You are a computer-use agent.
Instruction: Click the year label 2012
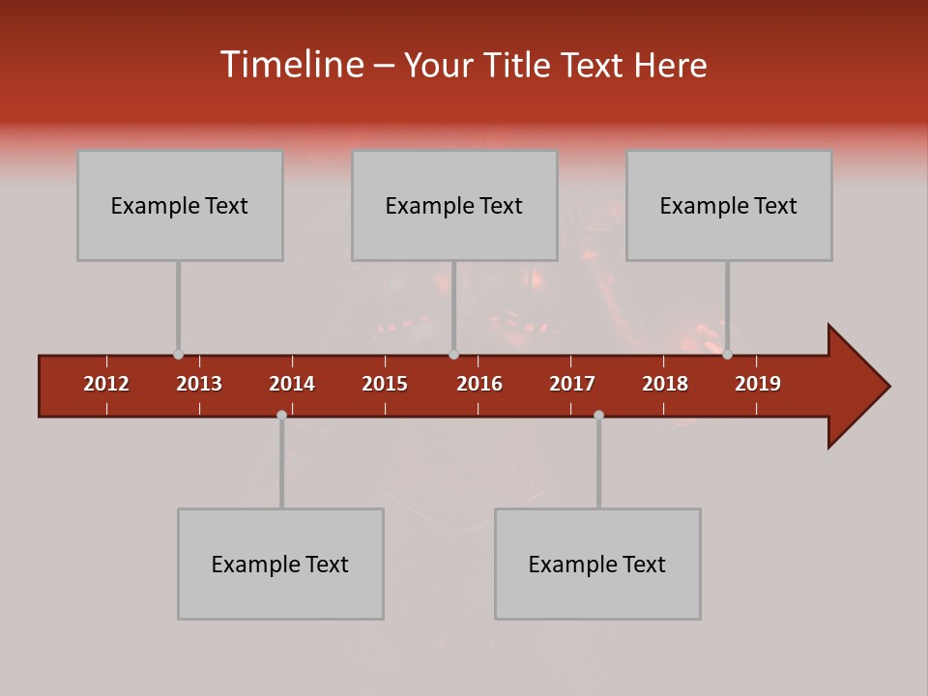[x=106, y=384]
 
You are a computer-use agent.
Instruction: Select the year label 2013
[x=199, y=384]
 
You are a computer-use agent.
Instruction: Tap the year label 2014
[x=292, y=384]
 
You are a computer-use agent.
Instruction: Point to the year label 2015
[x=385, y=384]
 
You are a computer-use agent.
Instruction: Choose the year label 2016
[x=479, y=384]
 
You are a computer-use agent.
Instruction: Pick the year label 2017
[x=572, y=384]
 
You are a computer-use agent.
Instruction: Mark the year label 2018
[x=665, y=384]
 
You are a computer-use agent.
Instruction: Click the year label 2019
[x=758, y=384]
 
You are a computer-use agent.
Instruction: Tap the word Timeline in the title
[x=290, y=65]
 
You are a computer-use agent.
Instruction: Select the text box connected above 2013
[x=180, y=205]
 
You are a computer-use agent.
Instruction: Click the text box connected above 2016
[x=454, y=205]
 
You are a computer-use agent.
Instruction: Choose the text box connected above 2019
[x=729, y=205]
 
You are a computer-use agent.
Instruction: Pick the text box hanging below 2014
[x=280, y=564]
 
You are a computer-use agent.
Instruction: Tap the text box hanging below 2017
[x=597, y=564]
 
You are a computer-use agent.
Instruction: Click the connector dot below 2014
[x=281, y=415]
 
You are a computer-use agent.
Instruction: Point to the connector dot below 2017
[x=598, y=415]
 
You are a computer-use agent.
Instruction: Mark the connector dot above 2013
[x=178, y=355]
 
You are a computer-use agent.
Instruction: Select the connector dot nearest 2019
[x=727, y=355]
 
